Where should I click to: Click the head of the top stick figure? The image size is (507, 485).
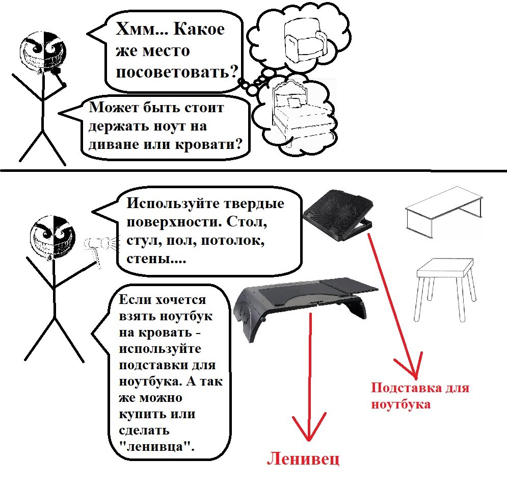43,53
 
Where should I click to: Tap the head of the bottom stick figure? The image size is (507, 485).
52,238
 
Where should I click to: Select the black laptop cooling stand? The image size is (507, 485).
338,215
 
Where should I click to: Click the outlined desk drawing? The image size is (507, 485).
444,212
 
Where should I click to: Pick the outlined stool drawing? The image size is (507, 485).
445,289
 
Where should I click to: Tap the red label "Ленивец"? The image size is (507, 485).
303,458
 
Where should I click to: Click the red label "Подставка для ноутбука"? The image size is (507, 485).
420,395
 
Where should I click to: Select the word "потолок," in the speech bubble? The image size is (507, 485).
233,241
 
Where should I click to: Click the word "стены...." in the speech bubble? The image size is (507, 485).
156,259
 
